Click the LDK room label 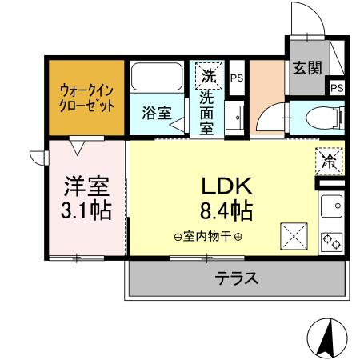pos(226,187)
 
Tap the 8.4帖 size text pos(226,211)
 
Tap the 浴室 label pos(157,113)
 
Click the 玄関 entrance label pos(305,67)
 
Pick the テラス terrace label pos(236,278)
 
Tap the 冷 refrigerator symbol pos(329,160)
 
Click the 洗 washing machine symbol pos(207,77)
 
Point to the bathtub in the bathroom pos(158,77)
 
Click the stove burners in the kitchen pos(331,240)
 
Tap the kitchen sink pos(330,210)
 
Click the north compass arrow pos(328,338)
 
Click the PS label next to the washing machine pos(236,78)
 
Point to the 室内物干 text pos(207,237)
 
